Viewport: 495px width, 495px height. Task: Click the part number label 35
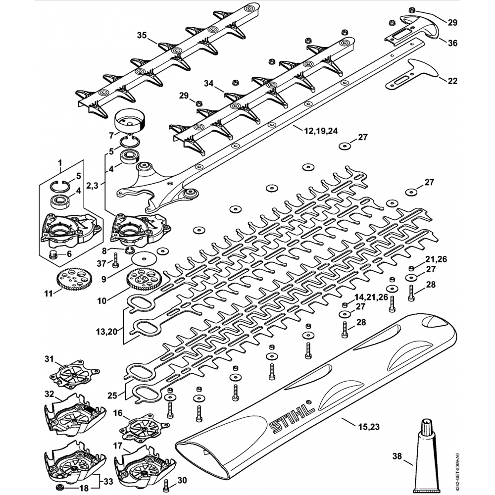click(142, 35)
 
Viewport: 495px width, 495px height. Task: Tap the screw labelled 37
click(115, 258)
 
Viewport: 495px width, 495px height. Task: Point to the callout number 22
click(452, 81)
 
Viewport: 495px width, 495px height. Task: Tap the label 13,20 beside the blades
click(110, 331)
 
